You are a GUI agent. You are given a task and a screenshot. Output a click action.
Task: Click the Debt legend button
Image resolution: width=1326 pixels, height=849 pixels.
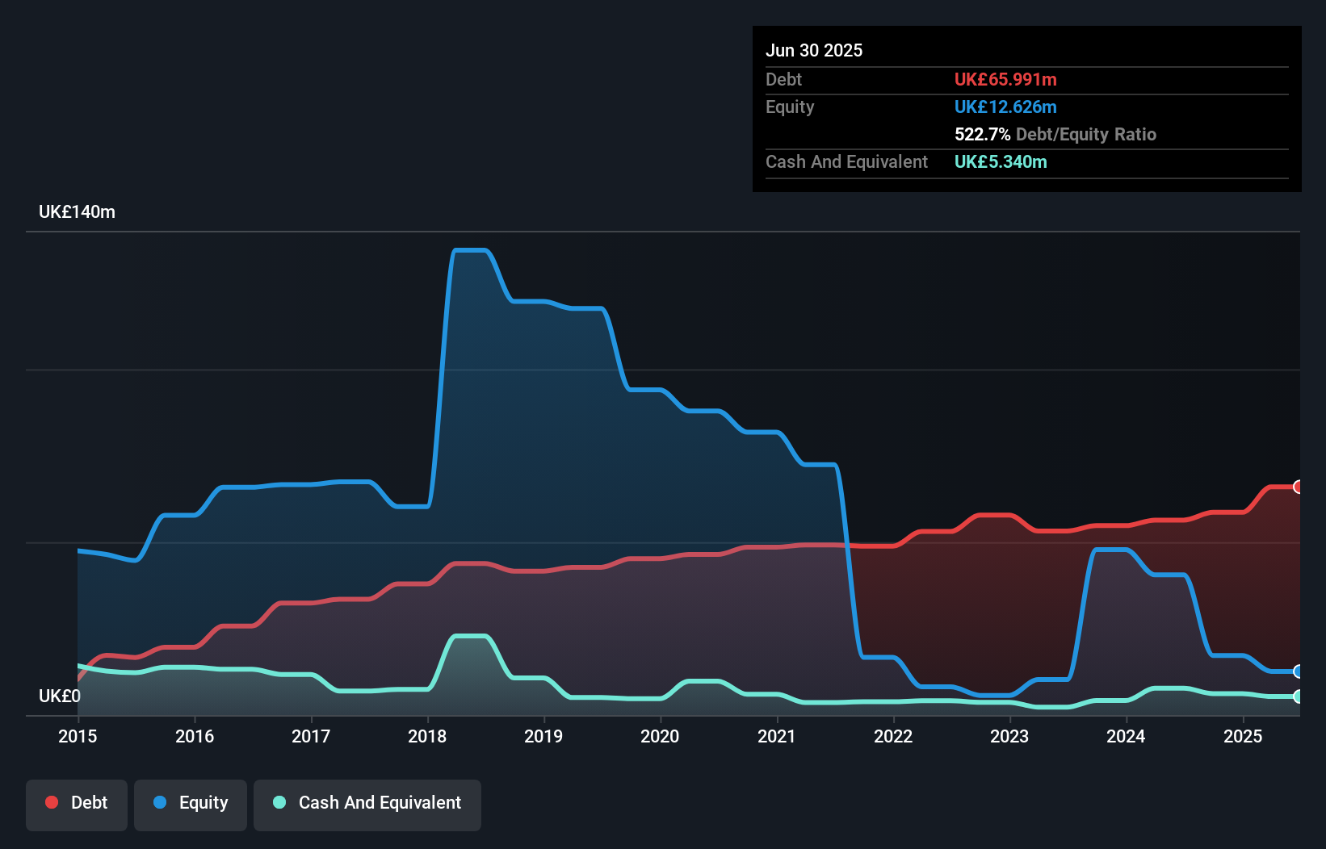[77, 803]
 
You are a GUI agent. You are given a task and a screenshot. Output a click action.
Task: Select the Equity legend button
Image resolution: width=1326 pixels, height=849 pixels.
[191, 803]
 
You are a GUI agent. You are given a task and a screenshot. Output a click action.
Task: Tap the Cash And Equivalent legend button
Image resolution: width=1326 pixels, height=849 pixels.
[367, 803]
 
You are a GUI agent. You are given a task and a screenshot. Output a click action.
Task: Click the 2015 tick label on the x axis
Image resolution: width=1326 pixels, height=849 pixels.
[78, 736]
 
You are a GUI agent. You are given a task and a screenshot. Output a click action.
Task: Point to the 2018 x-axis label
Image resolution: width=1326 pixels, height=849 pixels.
[427, 736]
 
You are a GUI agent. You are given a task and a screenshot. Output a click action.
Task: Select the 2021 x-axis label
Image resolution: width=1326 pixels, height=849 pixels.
[777, 736]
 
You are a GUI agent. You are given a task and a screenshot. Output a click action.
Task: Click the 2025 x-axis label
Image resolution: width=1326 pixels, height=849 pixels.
[1243, 736]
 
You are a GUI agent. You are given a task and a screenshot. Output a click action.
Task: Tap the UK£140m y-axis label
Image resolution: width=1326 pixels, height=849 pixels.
[77, 212]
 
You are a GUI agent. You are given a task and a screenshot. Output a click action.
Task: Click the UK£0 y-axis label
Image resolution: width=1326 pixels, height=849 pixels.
[60, 696]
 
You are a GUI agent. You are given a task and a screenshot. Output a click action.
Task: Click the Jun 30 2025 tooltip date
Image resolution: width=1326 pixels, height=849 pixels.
[814, 50]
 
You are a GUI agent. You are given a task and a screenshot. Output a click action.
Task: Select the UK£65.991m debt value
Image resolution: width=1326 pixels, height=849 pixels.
[1005, 79]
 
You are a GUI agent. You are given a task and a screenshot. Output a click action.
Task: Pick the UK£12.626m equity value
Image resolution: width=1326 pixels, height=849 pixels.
[1005, 107]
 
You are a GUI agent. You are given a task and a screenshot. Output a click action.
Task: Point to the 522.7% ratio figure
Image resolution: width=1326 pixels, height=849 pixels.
[982, 134]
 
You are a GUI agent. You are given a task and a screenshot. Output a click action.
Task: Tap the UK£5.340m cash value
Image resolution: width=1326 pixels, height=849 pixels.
[1001, 161]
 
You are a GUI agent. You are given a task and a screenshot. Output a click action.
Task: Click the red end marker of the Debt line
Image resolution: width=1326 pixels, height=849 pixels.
[1298, 487]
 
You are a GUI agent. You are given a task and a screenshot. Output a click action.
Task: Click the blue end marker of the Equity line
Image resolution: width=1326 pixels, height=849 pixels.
[1298, 671]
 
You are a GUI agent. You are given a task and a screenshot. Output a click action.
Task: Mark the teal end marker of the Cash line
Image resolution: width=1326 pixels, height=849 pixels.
[1298, 696]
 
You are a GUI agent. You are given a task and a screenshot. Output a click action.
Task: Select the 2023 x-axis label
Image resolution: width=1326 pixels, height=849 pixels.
[1009, 736]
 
